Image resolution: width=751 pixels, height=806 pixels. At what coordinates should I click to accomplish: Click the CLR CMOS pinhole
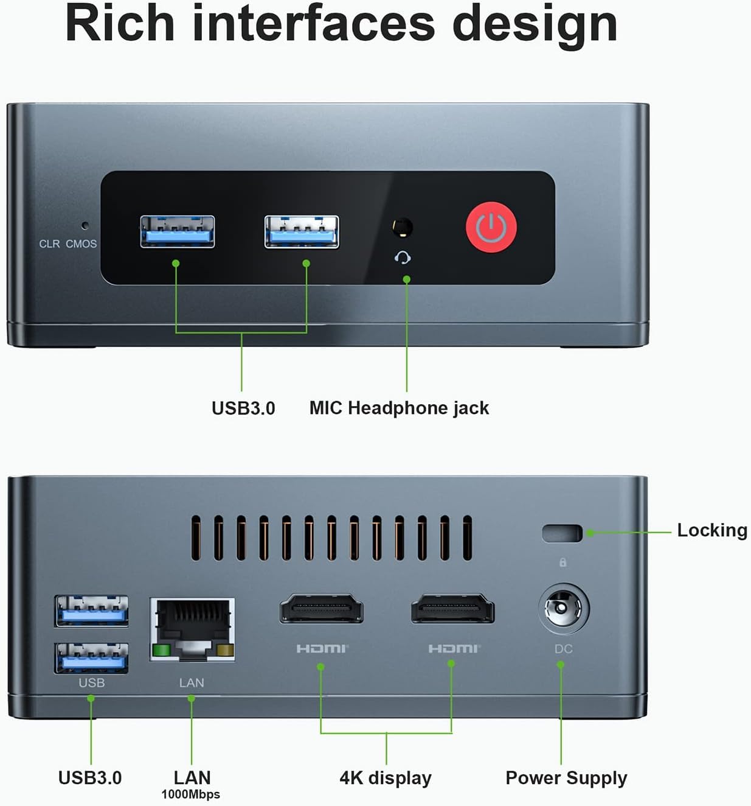point(85,225)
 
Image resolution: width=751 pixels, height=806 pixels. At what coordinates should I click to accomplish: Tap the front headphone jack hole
point(403,227)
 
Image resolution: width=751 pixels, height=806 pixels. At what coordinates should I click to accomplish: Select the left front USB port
point(177,232)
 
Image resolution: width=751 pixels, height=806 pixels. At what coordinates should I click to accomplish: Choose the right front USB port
point(302,232)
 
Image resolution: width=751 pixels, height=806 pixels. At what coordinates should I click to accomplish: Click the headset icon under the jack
point(403,258)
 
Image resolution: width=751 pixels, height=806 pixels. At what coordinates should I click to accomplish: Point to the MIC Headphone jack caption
point(399,408)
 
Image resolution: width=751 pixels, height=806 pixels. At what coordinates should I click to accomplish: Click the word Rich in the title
point(119,24)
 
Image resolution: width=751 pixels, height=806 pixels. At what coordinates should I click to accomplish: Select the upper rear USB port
point(92,611)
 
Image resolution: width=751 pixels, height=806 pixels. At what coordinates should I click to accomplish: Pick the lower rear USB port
point(92,658)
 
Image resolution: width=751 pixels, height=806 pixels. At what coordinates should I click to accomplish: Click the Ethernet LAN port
point(192,629)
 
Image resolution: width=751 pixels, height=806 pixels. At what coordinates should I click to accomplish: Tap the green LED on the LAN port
point(161,651)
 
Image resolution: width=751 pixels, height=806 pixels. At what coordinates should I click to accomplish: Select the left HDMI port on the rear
point(321,608)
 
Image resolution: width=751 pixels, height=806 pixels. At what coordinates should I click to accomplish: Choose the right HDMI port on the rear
point(452,608)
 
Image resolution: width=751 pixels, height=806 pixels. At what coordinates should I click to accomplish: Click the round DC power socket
point(564,608)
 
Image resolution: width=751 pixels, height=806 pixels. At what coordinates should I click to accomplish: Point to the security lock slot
point(562,533)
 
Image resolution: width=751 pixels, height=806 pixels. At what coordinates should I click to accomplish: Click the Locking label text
point(712,530)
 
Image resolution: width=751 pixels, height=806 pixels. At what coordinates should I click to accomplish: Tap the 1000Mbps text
point(190,794)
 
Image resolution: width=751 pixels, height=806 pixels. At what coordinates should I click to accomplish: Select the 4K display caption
point(386,778)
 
